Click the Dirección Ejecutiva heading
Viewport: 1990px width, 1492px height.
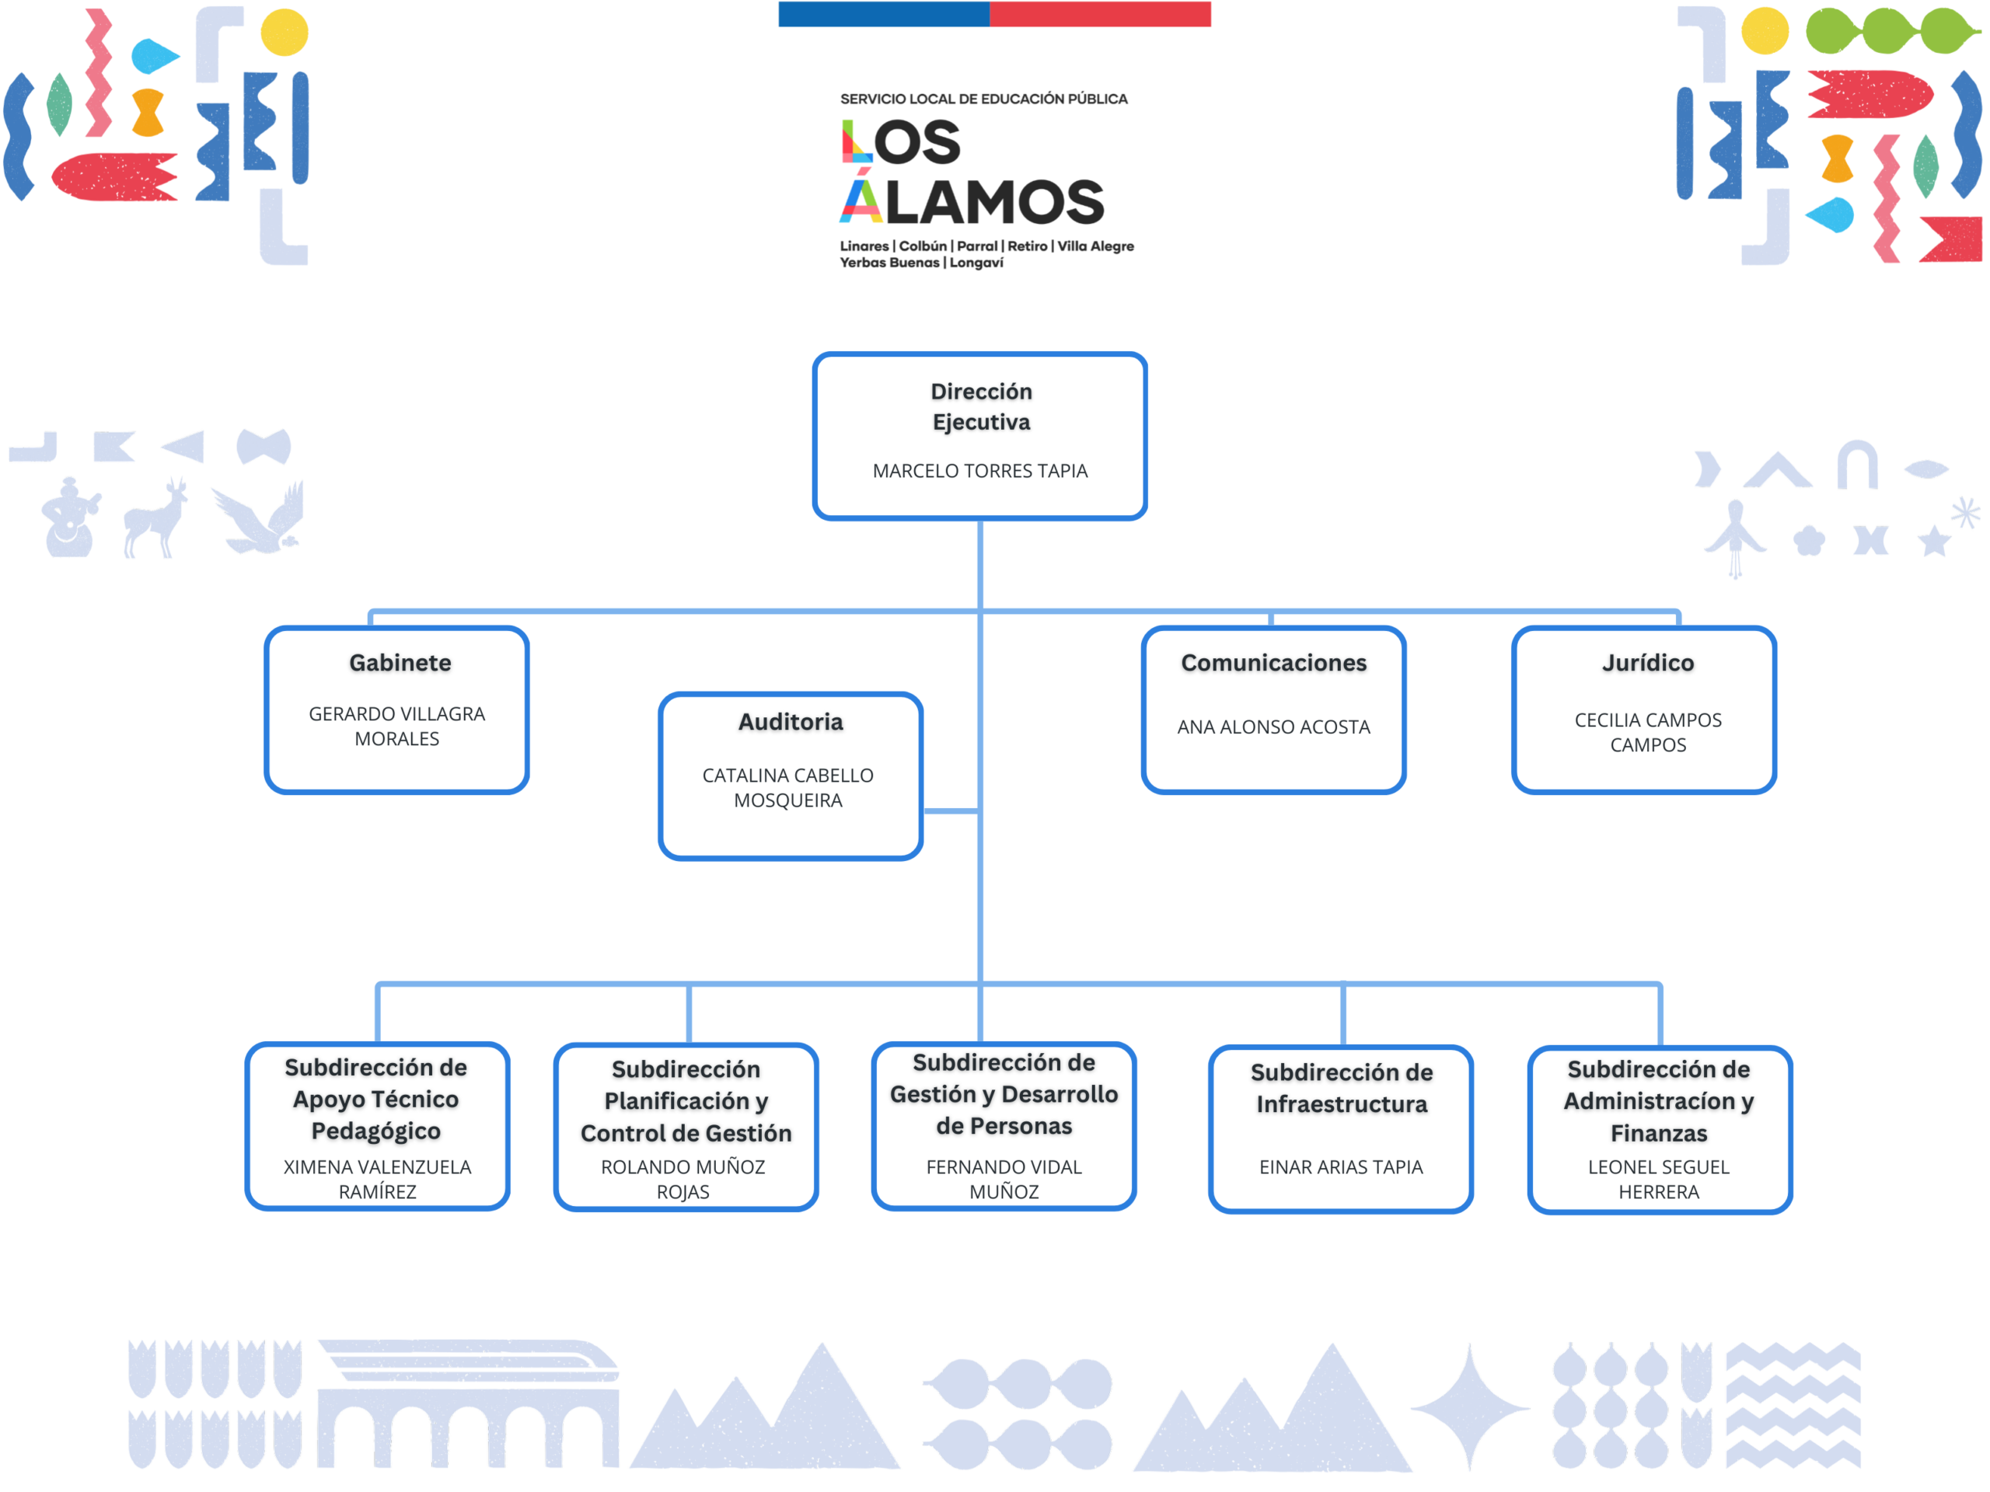click(x=980, y=406)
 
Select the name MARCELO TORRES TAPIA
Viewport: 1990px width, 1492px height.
click(x=979, y=470)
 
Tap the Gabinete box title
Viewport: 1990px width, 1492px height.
click(x=400, y=663)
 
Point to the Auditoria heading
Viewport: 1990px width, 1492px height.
click(x=791, y=722)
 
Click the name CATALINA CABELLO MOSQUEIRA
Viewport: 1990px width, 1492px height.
click(x=788, y=788)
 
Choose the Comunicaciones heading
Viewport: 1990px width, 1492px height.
click(x=1273, y=663)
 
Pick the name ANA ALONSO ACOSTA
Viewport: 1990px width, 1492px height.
click(x=1273, y=727)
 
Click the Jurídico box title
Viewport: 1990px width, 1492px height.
click(x=1647, y=663)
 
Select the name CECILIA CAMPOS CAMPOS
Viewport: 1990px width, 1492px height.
click(x=1647, y=732)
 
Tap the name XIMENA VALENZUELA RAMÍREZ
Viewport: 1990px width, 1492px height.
click(x=377, y=1179)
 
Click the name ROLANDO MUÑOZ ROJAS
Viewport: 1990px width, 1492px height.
click(x=683, y=1179)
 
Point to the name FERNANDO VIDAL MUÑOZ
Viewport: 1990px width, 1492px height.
click(x=1004, y=1179)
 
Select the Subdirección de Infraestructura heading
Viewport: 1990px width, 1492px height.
click(x=1342, y=1088)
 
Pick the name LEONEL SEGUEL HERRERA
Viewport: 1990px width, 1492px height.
click(x=1658, y=1179)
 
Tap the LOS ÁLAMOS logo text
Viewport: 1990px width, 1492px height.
click(x=972, y=171)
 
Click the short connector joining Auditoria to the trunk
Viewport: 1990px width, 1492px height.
click(x=951, y=811)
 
